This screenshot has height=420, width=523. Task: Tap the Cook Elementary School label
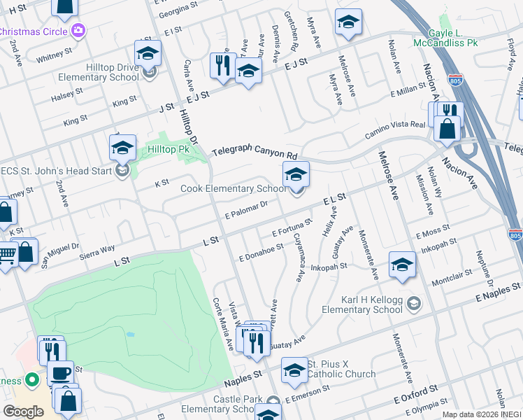tap(233, 188)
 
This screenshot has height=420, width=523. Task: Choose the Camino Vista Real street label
tap(394, 130)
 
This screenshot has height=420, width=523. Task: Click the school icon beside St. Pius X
tap(294, 370)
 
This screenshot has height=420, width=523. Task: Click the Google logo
tap(23, 411)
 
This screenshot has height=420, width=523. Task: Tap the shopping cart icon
tap(6, 255)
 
